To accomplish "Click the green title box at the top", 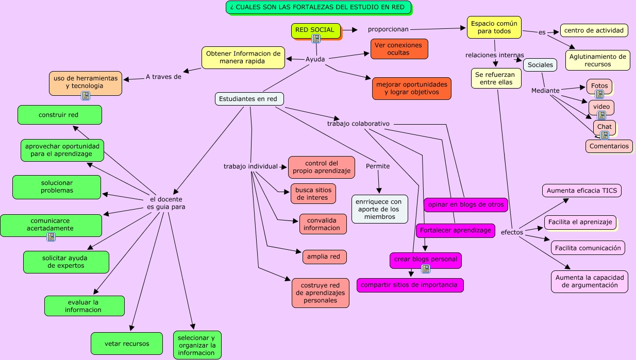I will (x=318, y=7).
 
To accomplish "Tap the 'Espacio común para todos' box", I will (x=494, y=27).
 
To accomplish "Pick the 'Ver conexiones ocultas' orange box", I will (x=399, y=49).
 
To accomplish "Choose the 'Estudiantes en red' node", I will (x=249, y=99).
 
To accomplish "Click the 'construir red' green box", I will (x=59, y=115).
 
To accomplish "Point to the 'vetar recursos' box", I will (x=127, y=344).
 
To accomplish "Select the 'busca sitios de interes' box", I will (x=313, y=194).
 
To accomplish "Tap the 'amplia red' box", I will (x=324, y=256).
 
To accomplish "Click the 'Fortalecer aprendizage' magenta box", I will (x=455, y=230).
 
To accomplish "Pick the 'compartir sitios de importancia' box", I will (x=410, y=285).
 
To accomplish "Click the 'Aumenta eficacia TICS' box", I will (x=581, y=191).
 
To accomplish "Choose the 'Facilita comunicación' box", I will (x=588, y=248).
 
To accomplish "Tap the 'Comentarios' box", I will (x=609, y=146).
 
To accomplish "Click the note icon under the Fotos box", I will (x=599, y=94).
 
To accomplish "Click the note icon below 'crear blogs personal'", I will (x=425, y=269).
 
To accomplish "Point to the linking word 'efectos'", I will (x=512, y=232).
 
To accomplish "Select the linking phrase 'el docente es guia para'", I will (x=166, y=203).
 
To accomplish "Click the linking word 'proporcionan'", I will (x=388, y=29).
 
